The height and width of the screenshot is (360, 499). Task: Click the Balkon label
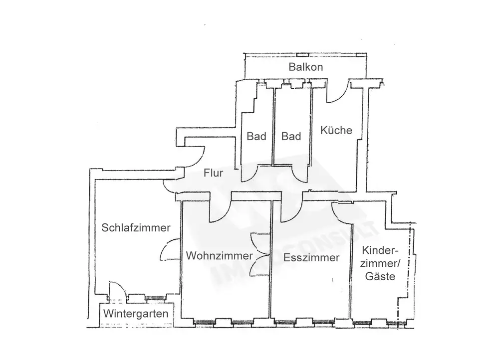point(306,67)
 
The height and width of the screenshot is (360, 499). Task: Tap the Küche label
point(336,131)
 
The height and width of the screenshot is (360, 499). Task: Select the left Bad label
point(256,136)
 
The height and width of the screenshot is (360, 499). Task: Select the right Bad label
point(291,136)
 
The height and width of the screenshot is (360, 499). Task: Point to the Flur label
point(213,174)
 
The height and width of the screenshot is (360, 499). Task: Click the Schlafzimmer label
point(136,228)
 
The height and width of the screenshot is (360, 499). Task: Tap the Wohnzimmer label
point(219,256)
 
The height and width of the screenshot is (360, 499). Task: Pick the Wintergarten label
point(135,315)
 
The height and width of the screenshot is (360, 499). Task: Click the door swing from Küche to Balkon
point(338,93)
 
